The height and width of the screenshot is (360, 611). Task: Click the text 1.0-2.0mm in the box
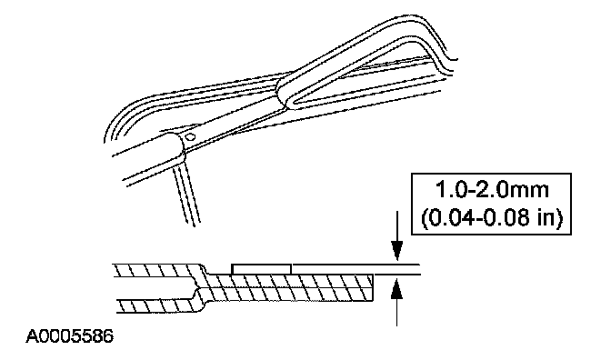coord(492,191)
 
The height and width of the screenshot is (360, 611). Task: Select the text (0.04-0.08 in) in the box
coord(492,217)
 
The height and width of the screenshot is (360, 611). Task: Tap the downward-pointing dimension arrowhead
coord(396,251)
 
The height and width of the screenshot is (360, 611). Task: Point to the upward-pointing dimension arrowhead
coord(396,287)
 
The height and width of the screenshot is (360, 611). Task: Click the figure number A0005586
coord(70,335)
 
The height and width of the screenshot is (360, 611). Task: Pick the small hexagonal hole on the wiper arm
coord(191,137)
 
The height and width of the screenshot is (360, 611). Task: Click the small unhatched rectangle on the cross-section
coord(262,269)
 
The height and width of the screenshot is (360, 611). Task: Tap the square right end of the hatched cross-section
coord(374,287)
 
